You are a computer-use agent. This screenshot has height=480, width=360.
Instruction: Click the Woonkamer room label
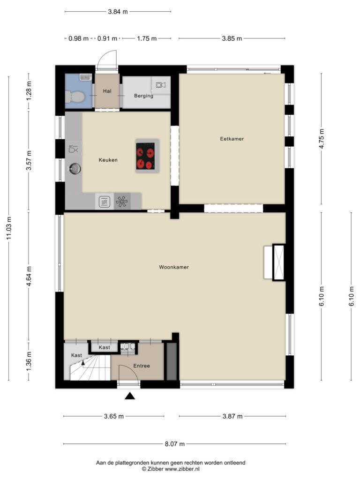point(174,267)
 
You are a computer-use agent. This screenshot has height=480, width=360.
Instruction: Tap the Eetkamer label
point(232,139)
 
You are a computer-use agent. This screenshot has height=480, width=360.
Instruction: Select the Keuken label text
point(108,160)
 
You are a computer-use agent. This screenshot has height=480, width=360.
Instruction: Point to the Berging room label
point(143,96)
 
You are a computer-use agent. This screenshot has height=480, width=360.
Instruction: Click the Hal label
point(107,91)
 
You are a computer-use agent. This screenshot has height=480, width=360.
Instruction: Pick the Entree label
point(142,366)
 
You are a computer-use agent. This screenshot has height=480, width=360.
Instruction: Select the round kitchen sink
point(75,168)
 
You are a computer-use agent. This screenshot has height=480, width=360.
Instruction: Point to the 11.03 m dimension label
point(8,228)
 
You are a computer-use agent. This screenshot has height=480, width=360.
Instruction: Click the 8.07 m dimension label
point(175,444)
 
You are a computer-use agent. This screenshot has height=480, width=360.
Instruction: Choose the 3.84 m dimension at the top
point(118,12)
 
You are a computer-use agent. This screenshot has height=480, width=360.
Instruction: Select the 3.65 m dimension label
point(114,416)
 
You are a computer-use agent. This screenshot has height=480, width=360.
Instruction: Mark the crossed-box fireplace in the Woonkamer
point(278,262)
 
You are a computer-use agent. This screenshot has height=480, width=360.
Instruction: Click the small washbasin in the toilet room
point(85,77)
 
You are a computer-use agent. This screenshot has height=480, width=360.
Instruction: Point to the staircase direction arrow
point(82,363)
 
